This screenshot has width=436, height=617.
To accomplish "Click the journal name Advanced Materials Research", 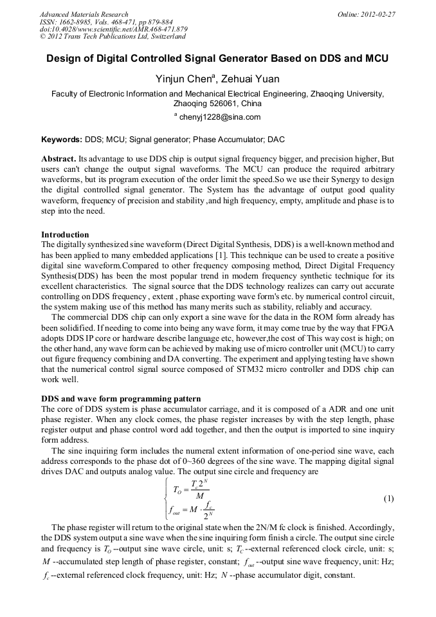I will [84, 14].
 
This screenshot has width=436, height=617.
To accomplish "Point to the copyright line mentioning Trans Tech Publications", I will [113, 37].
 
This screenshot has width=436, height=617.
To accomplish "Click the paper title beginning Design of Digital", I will [217, 59].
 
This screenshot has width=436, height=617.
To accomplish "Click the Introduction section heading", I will [65, 234].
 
